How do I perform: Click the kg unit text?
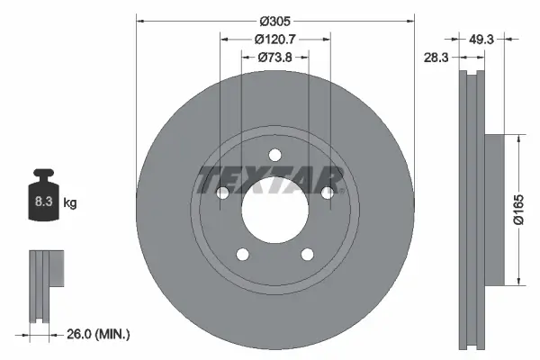[70, 203]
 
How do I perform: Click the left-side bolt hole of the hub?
[223, 191]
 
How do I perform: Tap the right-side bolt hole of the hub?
[328, 191]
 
